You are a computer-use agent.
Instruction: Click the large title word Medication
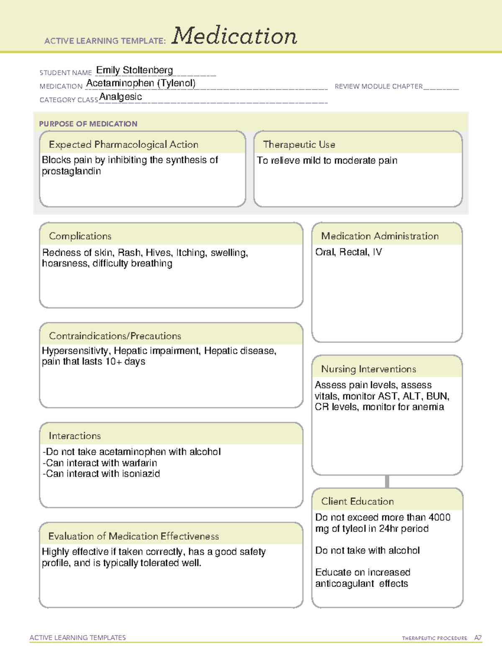[x=234, y=36]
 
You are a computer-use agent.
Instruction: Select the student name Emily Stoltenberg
[x=134, y=70]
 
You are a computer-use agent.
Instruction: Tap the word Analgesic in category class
[x=120, y=97]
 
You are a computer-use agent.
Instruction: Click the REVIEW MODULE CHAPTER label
[x=379, y=87]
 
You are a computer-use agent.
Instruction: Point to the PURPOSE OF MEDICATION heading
[x=88, y=124]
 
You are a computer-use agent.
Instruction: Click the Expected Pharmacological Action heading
[x=123, y=145]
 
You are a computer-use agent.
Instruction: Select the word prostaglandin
[x=71, y=172]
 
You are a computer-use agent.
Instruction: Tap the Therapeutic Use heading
[x=299, y=145]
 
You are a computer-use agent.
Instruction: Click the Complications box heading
[x=80, y=236]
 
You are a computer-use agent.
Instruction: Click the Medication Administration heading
[x=380, y=236]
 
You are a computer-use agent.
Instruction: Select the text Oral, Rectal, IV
[x=348, y=252]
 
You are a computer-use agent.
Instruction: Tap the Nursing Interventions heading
[x=369, y=369]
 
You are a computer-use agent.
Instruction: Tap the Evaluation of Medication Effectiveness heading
[x=133, y=537]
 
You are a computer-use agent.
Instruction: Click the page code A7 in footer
[x=478, y=638]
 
